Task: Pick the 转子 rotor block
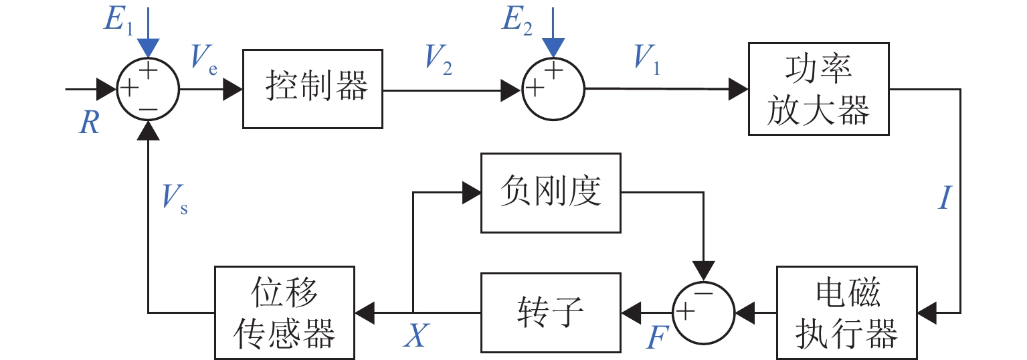pos(550,312)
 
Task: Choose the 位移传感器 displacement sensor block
pos(284,312)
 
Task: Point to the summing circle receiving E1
pos(148,88)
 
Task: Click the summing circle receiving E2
pos(553,88)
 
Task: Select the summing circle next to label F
pos(703,312)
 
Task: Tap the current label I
pos(943,199)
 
